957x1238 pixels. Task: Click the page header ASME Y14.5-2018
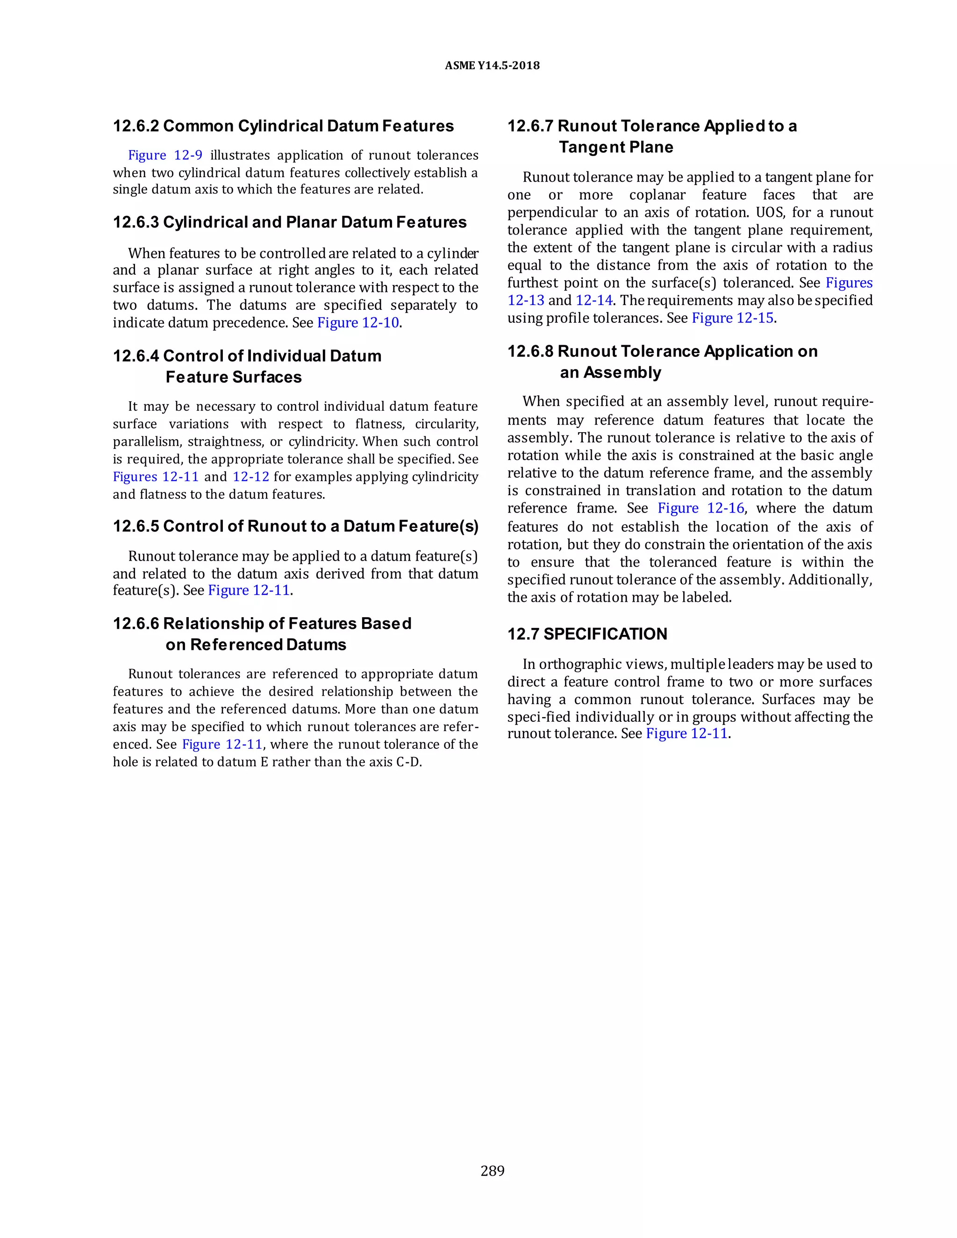(492, 66)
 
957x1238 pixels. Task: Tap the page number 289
(492, 1171)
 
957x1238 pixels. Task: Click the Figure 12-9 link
(165, 155)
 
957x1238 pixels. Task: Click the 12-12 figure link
(250, 477)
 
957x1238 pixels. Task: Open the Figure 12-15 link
(733, 318)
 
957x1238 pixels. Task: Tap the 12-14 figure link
(593, 300)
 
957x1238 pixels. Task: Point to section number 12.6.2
(136, 126)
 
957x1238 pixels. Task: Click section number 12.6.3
(136, 222)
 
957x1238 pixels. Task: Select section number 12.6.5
(136, 526)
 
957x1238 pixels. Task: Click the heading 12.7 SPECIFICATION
(587, 634)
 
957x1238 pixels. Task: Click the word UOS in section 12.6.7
(769, 213)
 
